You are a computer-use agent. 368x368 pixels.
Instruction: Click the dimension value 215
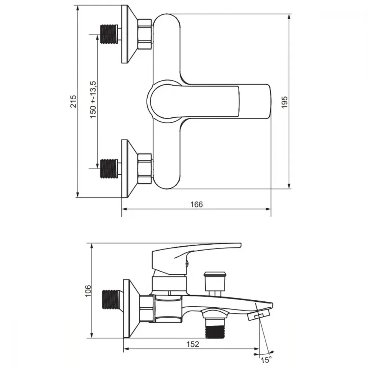coord(74,101)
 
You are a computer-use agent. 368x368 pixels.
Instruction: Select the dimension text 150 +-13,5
coord(93,99)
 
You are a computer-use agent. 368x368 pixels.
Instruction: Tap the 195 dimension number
coord(284,102)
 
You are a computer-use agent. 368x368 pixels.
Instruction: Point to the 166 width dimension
coord(197,204)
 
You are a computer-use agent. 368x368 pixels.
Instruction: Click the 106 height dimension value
coord(88,291)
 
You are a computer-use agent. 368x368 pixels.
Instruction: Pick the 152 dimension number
coord(193,344)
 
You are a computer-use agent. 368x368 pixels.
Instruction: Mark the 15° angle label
coord(266,360)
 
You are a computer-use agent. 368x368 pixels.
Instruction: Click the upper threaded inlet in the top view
coord(109,34)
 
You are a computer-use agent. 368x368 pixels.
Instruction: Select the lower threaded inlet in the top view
coord(109,169)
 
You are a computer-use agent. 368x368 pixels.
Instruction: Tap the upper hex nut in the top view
coord(145,34)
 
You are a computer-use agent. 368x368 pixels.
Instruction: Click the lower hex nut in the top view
coord(145,169)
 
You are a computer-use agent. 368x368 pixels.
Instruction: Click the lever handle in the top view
coord(209,101)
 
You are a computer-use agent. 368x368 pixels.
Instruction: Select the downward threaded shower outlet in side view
coord(215,329)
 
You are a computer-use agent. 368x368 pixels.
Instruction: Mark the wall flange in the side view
coord(131,309)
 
